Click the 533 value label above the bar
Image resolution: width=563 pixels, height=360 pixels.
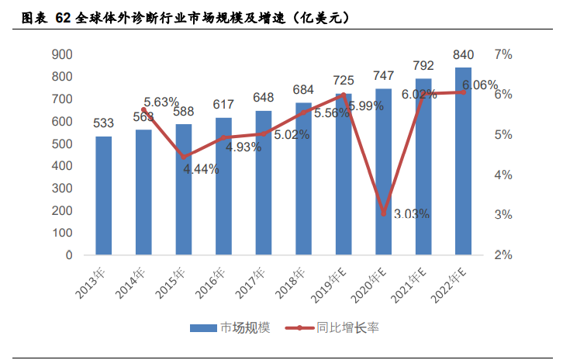(104, 123)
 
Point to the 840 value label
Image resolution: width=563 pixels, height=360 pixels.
(464, 54)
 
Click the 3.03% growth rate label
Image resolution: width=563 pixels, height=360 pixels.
(411, 214)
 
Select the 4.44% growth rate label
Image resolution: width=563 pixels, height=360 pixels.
(201, 169)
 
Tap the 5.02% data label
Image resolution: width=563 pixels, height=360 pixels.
(292, 134)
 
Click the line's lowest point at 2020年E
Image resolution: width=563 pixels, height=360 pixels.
(383, 213)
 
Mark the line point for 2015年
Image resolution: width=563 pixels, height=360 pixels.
(184, 157)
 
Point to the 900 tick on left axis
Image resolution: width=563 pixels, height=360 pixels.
(63, 54)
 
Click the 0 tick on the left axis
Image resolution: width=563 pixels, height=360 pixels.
(69, 255)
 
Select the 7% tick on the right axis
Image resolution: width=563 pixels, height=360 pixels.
(503, 54)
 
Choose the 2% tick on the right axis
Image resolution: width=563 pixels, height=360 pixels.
(503, 255)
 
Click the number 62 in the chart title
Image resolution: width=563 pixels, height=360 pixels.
(63, 17)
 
